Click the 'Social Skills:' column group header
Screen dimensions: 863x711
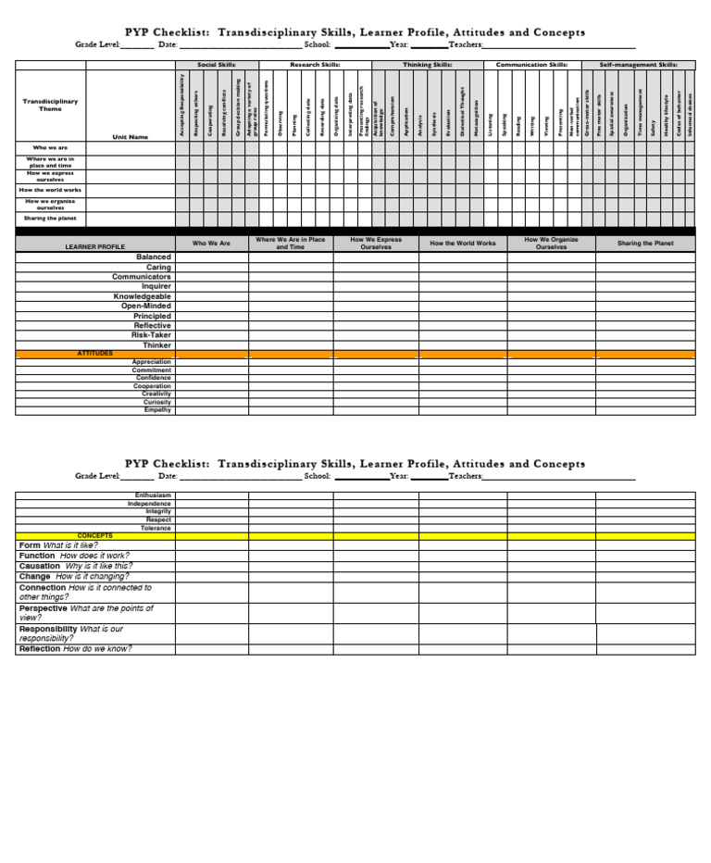[x=217, y=66]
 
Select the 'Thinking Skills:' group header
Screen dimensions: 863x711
[x=427, y=66]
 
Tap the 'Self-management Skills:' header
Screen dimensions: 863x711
[x=638, y=66]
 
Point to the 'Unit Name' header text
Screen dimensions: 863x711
[x=130, y=137]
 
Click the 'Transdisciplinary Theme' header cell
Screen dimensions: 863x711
[x=51, y=105]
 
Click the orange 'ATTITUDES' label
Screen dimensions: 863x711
[x=94, y=354]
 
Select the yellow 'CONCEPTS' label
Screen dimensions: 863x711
[x=94, y=536]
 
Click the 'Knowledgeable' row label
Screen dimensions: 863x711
[x=143, y=296]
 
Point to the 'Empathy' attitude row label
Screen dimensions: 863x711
[x=157, y=410]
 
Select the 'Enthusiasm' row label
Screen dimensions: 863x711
[x=153, y=495]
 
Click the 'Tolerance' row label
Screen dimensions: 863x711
[x=156, y=528]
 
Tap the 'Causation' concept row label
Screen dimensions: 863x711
[x=40, y=566]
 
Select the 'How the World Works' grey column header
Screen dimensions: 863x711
[x=462, y=244]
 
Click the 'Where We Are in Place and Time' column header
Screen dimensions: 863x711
[x=290, y=244]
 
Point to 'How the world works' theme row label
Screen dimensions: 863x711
[x=51, y=190]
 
